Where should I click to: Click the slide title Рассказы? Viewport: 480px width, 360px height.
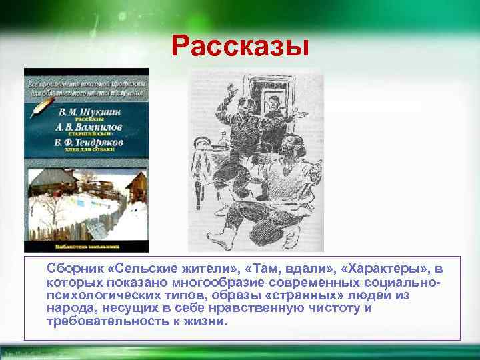pos(240,47)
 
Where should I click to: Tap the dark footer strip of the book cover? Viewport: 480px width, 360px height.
pos(86,246)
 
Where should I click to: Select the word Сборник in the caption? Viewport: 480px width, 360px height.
pos(73,269)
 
